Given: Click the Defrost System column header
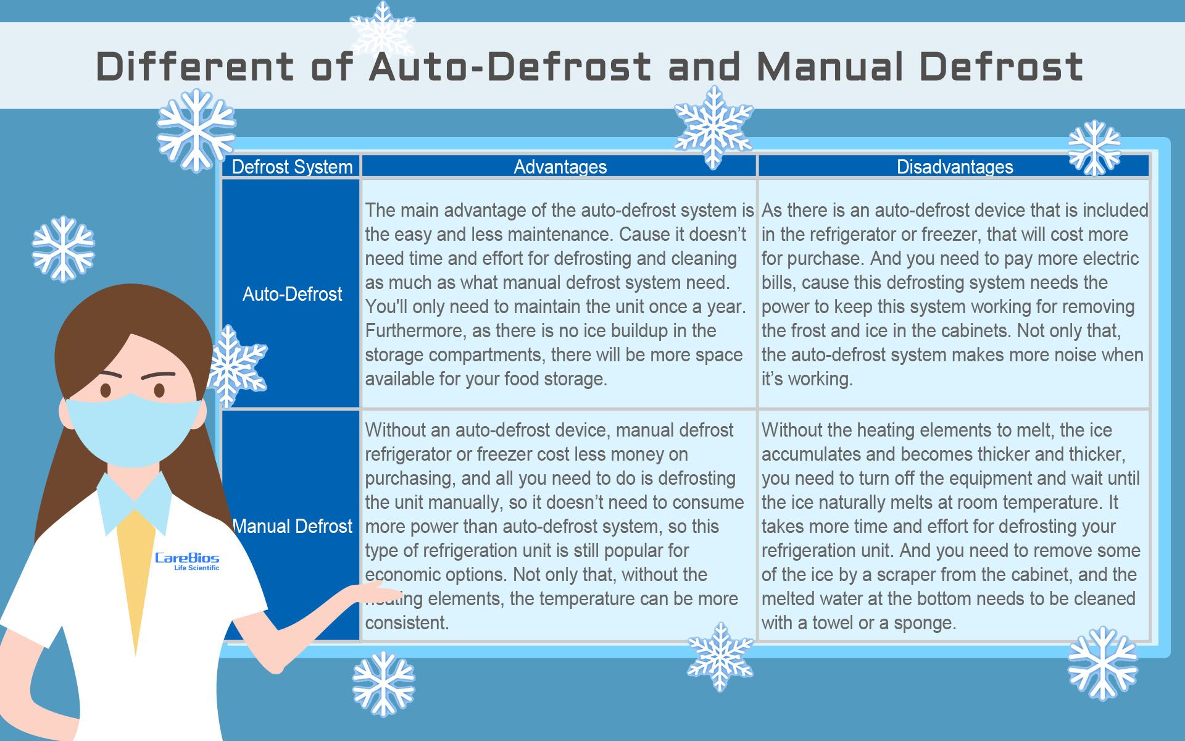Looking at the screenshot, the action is [292, 167].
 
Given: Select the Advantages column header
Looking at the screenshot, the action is [560, 167].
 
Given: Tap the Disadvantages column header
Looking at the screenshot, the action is [955, 167].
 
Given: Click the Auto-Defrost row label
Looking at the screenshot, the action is [292, 294].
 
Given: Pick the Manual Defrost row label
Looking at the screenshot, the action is [292, 526].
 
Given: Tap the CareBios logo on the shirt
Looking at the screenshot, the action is [187, 561].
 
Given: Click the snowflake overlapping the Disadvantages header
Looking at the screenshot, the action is [1094, 148].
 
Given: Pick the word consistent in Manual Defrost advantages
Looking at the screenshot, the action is [407, 623].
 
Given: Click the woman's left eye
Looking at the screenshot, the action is [159, 390].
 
